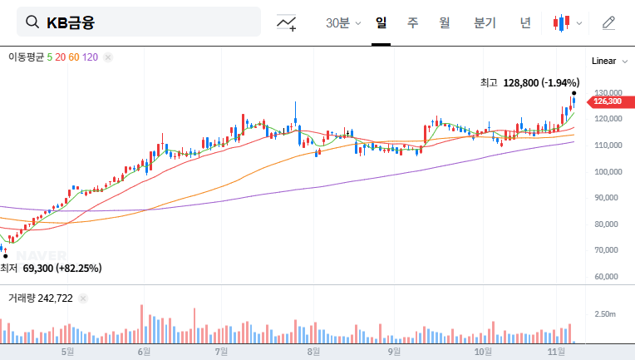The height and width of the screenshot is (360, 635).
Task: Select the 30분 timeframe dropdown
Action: (342, 23)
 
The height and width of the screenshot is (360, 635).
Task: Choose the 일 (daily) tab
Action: (381, 23)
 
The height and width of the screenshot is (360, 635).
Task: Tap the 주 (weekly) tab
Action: (412, 23)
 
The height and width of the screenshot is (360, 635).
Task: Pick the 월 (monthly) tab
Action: (444, 23)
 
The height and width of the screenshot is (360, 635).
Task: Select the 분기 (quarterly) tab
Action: (484, 23)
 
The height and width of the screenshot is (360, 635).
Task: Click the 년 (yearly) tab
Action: (525, 23)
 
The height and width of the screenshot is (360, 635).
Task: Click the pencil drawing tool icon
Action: (608, 23)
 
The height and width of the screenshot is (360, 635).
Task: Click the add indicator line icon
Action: (287, 23)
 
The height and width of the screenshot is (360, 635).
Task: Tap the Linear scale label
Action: (604, 61)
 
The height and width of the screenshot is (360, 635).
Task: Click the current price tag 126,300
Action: (608, 101)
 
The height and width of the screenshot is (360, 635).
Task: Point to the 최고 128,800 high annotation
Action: (529, 83)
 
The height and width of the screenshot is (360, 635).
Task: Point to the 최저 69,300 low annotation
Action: (51, 269)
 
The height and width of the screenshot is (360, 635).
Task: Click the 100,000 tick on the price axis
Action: (608, 172)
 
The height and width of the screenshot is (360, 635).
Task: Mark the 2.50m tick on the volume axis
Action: (604, 314)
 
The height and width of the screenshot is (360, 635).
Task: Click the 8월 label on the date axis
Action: (313, 351)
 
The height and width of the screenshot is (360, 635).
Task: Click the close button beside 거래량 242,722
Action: (83, 298)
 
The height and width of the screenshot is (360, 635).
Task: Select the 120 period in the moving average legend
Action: (91, 57)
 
